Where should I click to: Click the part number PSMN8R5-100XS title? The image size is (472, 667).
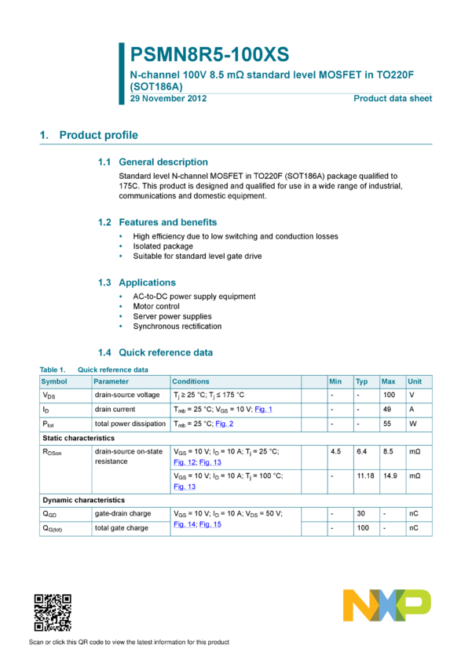[x=210, y=54]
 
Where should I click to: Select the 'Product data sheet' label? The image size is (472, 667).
[x=393, y=98]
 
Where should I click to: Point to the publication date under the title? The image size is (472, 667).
[x=168, y=98]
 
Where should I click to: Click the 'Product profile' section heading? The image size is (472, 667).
[x=89, y=135]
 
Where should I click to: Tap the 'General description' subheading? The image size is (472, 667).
[x=163, y=162]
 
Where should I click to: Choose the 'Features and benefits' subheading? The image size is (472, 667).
[x=167, y=222]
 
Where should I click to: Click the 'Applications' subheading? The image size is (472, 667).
[x=147, y=282]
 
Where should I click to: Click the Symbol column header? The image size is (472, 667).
[x=54, y=381]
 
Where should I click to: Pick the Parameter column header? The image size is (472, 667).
[x=111, y=381]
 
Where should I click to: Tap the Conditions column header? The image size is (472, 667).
[x=191, y=381]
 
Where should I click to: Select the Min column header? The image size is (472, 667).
[x=335, y=381]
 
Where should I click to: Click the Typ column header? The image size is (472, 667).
[x=361, y=381]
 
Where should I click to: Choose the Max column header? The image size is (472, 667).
[x=388, y=381]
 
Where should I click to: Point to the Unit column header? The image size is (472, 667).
[x=415, y=381]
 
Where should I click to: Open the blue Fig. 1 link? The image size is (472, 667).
[x=264, y=410]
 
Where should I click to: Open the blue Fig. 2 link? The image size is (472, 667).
[x=225, y=424]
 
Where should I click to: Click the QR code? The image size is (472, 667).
[x=53, y=613]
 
